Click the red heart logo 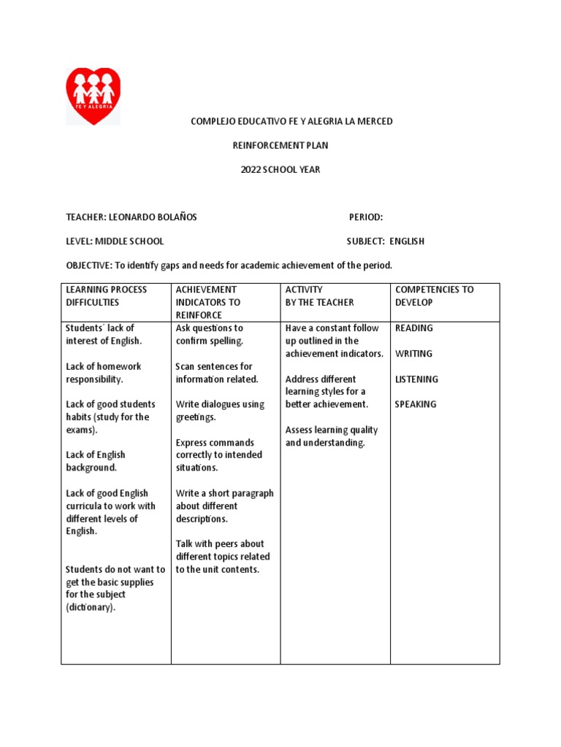tap(93, 96)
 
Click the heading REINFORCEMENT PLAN tap(280, 145)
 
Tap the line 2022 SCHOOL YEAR tap(280, 170)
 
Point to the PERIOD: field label tap(366, 217)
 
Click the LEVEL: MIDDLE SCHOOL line tap(115, 241)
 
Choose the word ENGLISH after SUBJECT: tap(407, 241)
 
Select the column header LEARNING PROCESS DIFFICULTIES tap(107, 296)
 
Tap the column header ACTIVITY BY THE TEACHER tap(319, 296)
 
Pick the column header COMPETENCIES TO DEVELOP tap(434, 296)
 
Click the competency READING tap(413, 328)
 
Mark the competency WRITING tap(413, 354)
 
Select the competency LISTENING tap(416, 379)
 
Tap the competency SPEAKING tap(416, 404)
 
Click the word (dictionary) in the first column tap(91, 608)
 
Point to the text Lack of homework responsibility tap(104, 373)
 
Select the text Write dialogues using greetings tap(220, 411)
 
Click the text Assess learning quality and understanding tap(332, 436)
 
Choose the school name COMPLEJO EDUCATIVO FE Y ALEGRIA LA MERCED tap(291, 121)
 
